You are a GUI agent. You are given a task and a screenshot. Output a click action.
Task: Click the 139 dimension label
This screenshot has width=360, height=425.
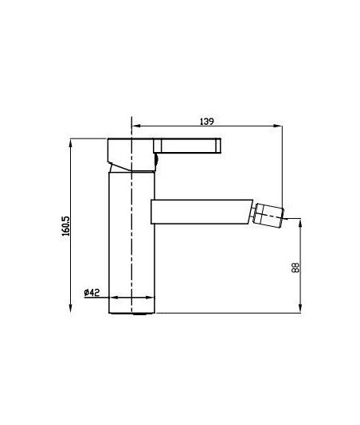207,122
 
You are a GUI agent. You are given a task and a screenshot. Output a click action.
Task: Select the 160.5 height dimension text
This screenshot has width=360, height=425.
65,226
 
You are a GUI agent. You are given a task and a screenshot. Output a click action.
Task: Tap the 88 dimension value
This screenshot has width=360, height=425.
295,267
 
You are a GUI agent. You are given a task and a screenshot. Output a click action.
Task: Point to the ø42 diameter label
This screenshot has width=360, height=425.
92,292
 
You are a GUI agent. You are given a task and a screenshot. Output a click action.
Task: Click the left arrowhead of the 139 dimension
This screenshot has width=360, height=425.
135,126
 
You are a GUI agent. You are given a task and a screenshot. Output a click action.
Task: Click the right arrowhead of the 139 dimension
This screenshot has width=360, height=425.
278,126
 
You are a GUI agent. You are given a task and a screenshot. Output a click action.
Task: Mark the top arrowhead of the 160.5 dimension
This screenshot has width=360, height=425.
71,143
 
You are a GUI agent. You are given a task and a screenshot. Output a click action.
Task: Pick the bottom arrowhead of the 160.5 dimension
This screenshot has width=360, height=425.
71,308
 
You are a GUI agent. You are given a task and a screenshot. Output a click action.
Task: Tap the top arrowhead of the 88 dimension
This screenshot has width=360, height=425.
300,223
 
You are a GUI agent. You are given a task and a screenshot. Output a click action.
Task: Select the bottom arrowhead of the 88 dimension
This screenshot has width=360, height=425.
300,309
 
